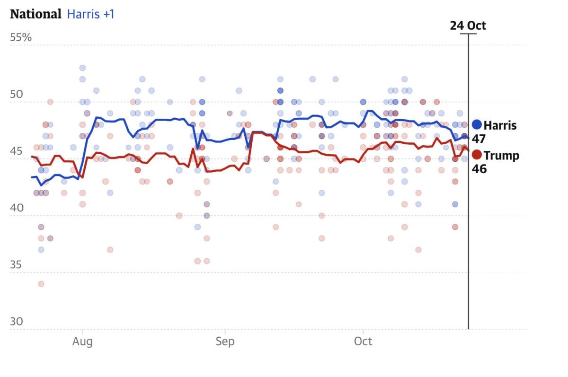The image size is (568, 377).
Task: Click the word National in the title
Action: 36,14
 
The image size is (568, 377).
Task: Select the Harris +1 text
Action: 91,14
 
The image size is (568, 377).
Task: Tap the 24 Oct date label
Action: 468,26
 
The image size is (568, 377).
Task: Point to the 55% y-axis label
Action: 21,37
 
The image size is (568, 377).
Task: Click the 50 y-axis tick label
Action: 16,94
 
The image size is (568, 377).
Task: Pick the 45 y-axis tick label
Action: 16,151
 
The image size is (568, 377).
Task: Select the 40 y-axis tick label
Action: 16,208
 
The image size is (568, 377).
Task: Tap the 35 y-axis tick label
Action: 16,264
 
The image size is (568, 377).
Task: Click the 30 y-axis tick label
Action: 16,321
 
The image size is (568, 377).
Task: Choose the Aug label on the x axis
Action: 82,341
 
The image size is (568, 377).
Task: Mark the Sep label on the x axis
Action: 225,341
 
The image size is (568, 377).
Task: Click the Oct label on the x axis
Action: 363,341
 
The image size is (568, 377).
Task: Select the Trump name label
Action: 501,155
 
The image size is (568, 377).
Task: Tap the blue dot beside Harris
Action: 477,125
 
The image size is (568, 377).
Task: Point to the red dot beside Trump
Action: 477,155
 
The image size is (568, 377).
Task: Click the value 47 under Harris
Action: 479,139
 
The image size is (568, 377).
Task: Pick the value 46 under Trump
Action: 479,168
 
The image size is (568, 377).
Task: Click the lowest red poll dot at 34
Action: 41,284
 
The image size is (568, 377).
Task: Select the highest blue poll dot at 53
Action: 82,68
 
